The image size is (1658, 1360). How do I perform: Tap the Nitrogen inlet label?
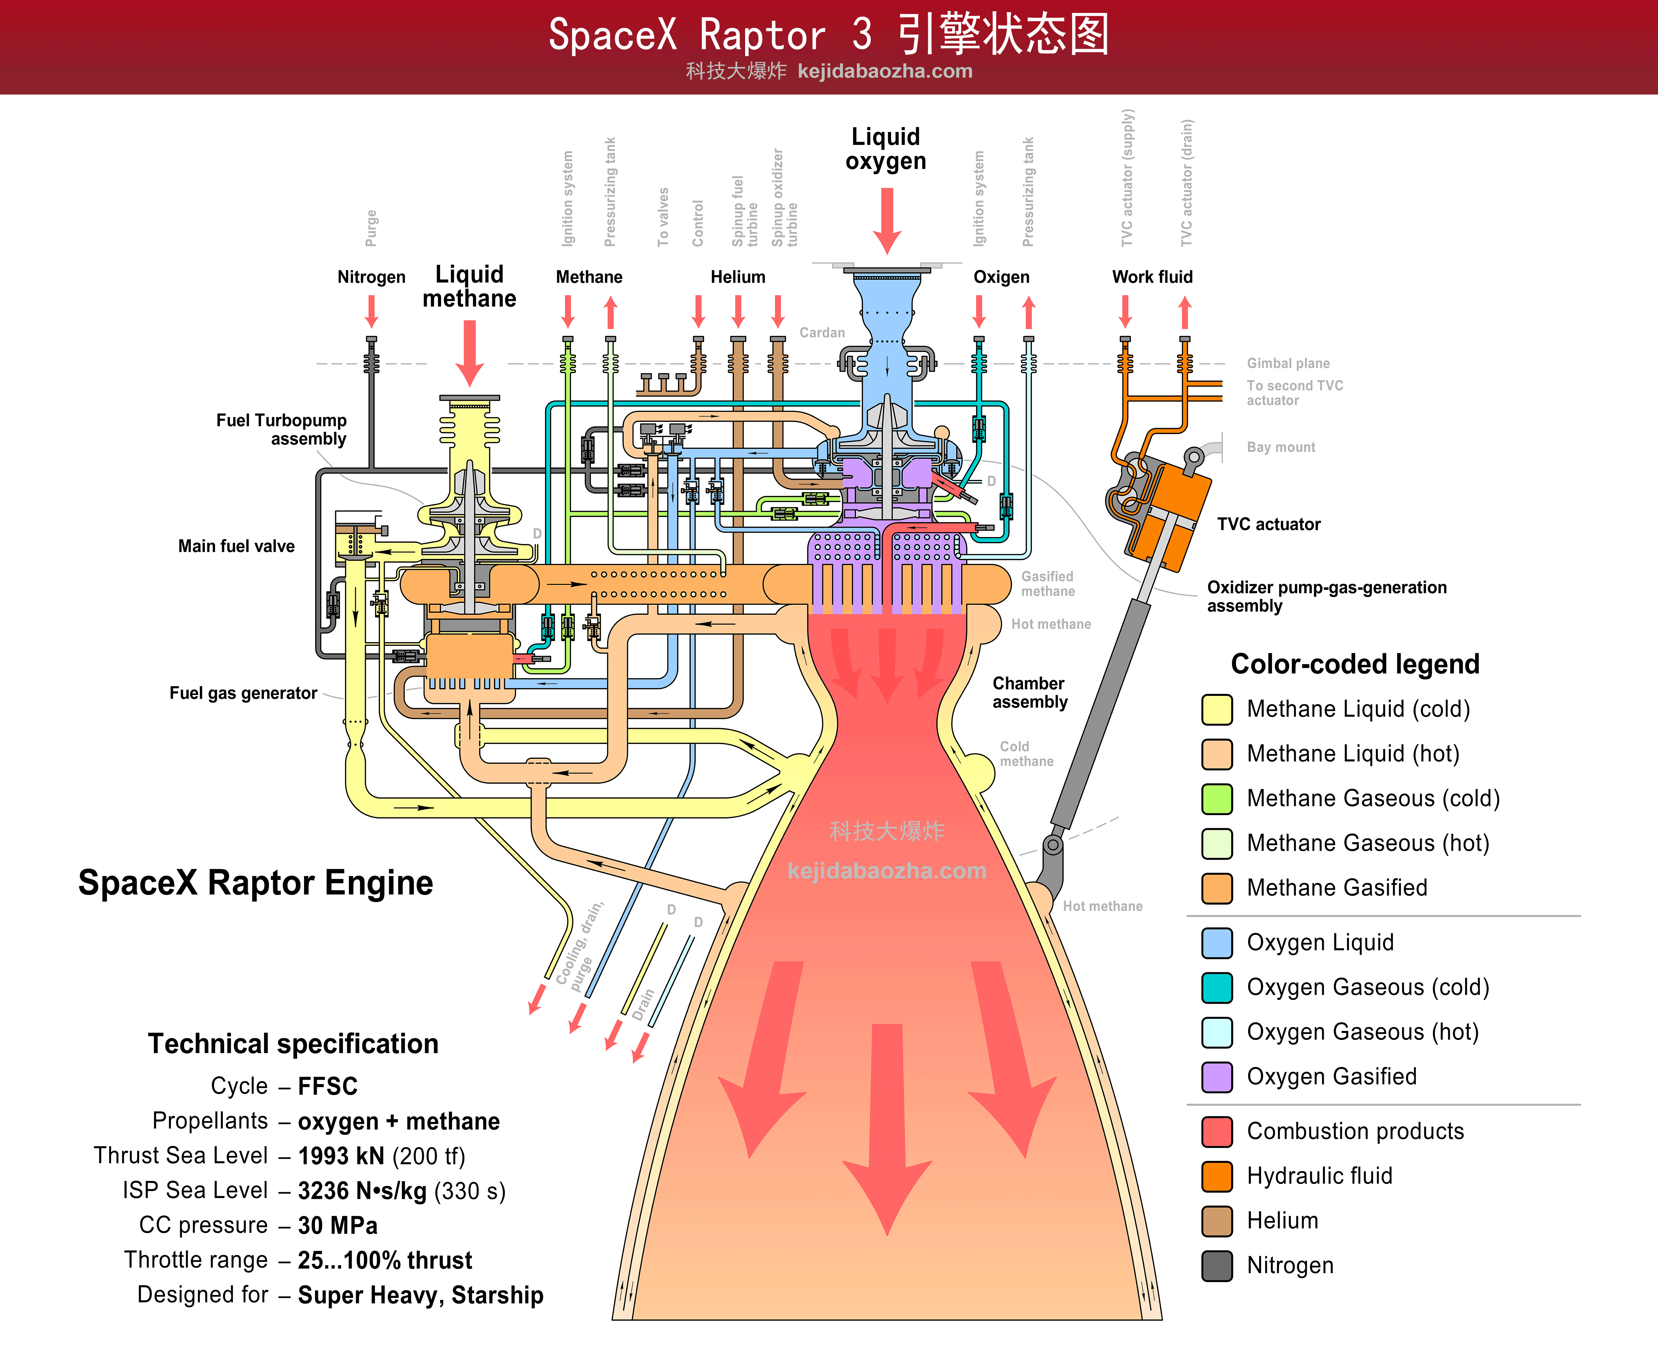coord(371,277)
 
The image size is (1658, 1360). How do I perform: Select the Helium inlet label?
coord(738,277)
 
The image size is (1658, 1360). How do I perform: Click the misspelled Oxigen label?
coord(1001,277)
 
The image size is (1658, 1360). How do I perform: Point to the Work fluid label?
coord(1152,277)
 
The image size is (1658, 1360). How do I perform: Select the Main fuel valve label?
coord(236,546)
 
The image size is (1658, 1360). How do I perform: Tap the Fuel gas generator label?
coord(243,693)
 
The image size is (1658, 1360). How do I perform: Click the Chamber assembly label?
coord(1029,693)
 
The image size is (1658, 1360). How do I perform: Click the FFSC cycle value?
coord(327,1087)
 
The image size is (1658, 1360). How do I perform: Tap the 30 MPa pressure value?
coord(338,1225)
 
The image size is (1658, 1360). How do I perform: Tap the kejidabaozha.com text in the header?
coord(885,71)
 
